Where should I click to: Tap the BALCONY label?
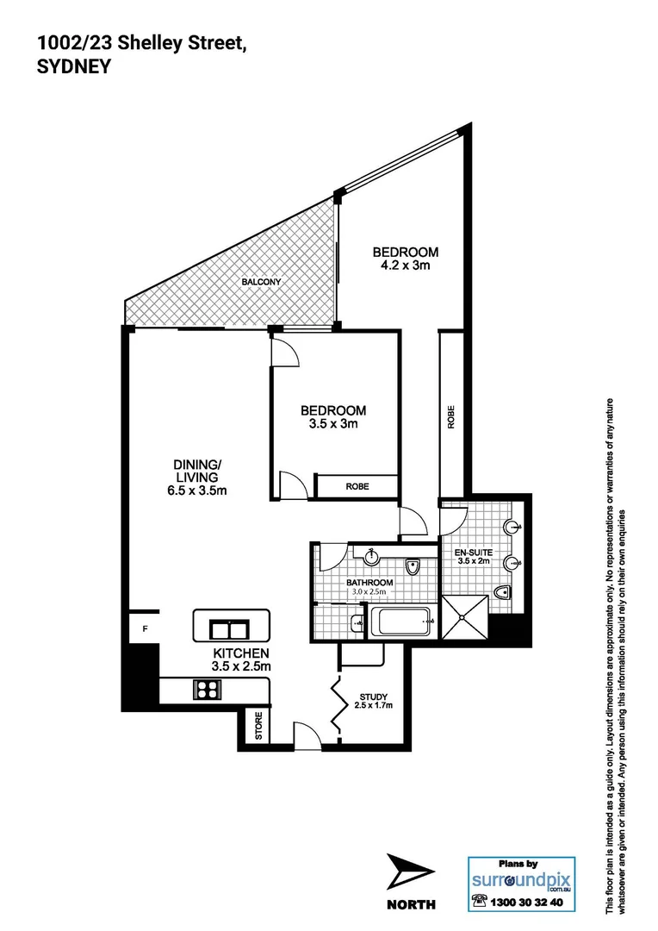261,282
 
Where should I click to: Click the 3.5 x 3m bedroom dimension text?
332,424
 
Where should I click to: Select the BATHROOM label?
369,583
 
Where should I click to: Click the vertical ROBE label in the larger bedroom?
450,417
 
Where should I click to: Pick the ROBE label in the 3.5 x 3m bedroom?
357,487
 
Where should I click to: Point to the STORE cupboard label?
257,726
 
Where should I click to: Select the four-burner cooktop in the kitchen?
209,689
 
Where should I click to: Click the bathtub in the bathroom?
400,621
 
